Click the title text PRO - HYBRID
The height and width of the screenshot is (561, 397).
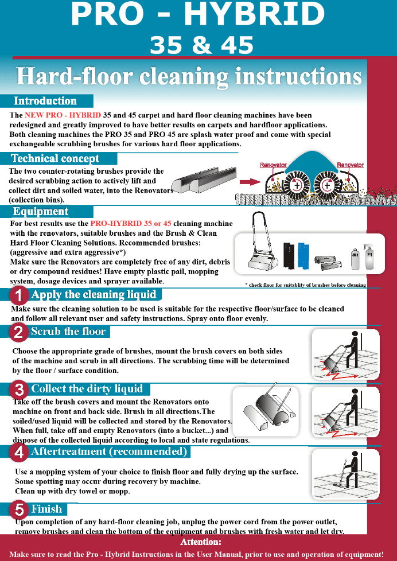[x=197, y=15]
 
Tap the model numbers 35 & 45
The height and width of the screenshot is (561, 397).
[x=201, y=45]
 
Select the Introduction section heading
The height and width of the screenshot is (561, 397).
[x=45, y=101]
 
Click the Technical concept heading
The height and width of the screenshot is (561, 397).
[x=55, y=158]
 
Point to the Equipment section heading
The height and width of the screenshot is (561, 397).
[x=41, y=212]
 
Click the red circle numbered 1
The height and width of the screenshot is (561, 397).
[x=19, y=296]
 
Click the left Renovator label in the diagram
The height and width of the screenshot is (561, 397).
[x=273, y=165]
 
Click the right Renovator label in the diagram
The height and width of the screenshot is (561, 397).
[x=350, y=165]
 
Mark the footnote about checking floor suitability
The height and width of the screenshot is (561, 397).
[x=305, y=285]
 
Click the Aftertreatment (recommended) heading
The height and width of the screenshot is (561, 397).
[x=109, y=452]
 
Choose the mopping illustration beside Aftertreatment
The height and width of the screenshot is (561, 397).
[x=345, y=474]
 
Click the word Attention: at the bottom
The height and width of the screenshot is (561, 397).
[x=200, y=542]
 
